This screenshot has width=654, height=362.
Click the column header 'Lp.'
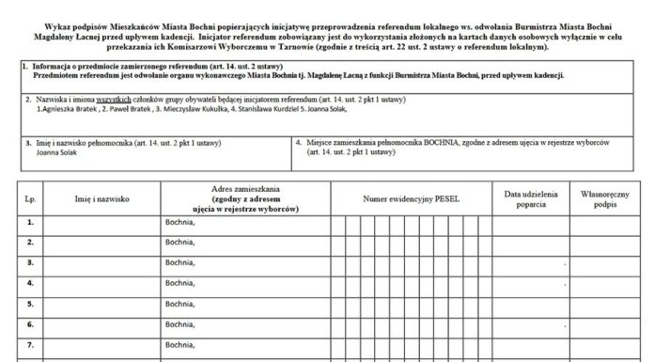pyautogui.click(x=30, y=199)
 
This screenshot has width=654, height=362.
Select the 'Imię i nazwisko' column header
pyautogui.click(x=101, y=199)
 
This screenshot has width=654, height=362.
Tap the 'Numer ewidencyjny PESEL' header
pyautogui.click(x=411, y=199)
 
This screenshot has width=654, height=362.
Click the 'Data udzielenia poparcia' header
pyautogui.click(x=531, y=199)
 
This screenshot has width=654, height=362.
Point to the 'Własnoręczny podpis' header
pyautogui.click(x=609, y=199)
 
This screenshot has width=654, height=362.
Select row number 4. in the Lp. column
pyautogui.click(x=30, y=283)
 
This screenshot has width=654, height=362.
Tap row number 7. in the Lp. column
pyautogui.click(x=30, y=344)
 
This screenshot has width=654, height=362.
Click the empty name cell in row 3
pyautogui.click(x=101, y=263)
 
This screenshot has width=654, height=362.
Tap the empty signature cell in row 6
pyautogui.click(x=609, y=324)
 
